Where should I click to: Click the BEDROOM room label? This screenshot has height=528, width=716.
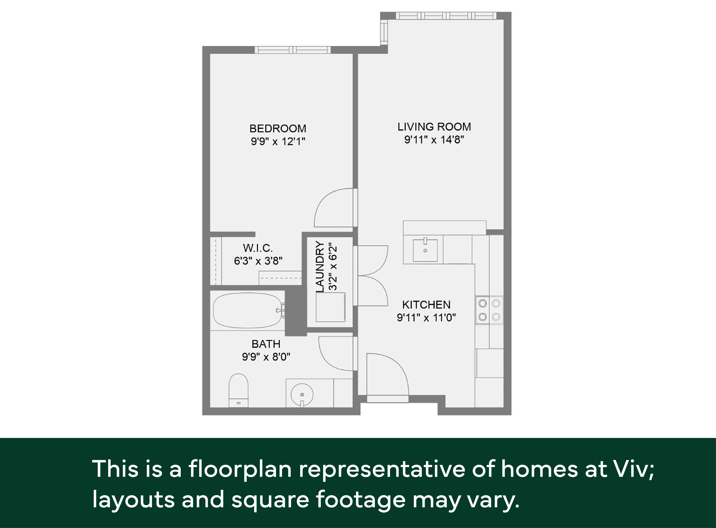point(278,129)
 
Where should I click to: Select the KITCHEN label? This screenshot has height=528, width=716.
point(426,305)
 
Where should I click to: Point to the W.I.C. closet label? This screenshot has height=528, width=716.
point(258,248)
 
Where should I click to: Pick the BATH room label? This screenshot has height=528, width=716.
point(266,344)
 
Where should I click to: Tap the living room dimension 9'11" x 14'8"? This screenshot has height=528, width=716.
point(434,140)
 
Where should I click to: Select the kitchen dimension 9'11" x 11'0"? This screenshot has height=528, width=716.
point(426,317)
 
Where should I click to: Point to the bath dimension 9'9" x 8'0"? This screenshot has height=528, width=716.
point(266,357)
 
